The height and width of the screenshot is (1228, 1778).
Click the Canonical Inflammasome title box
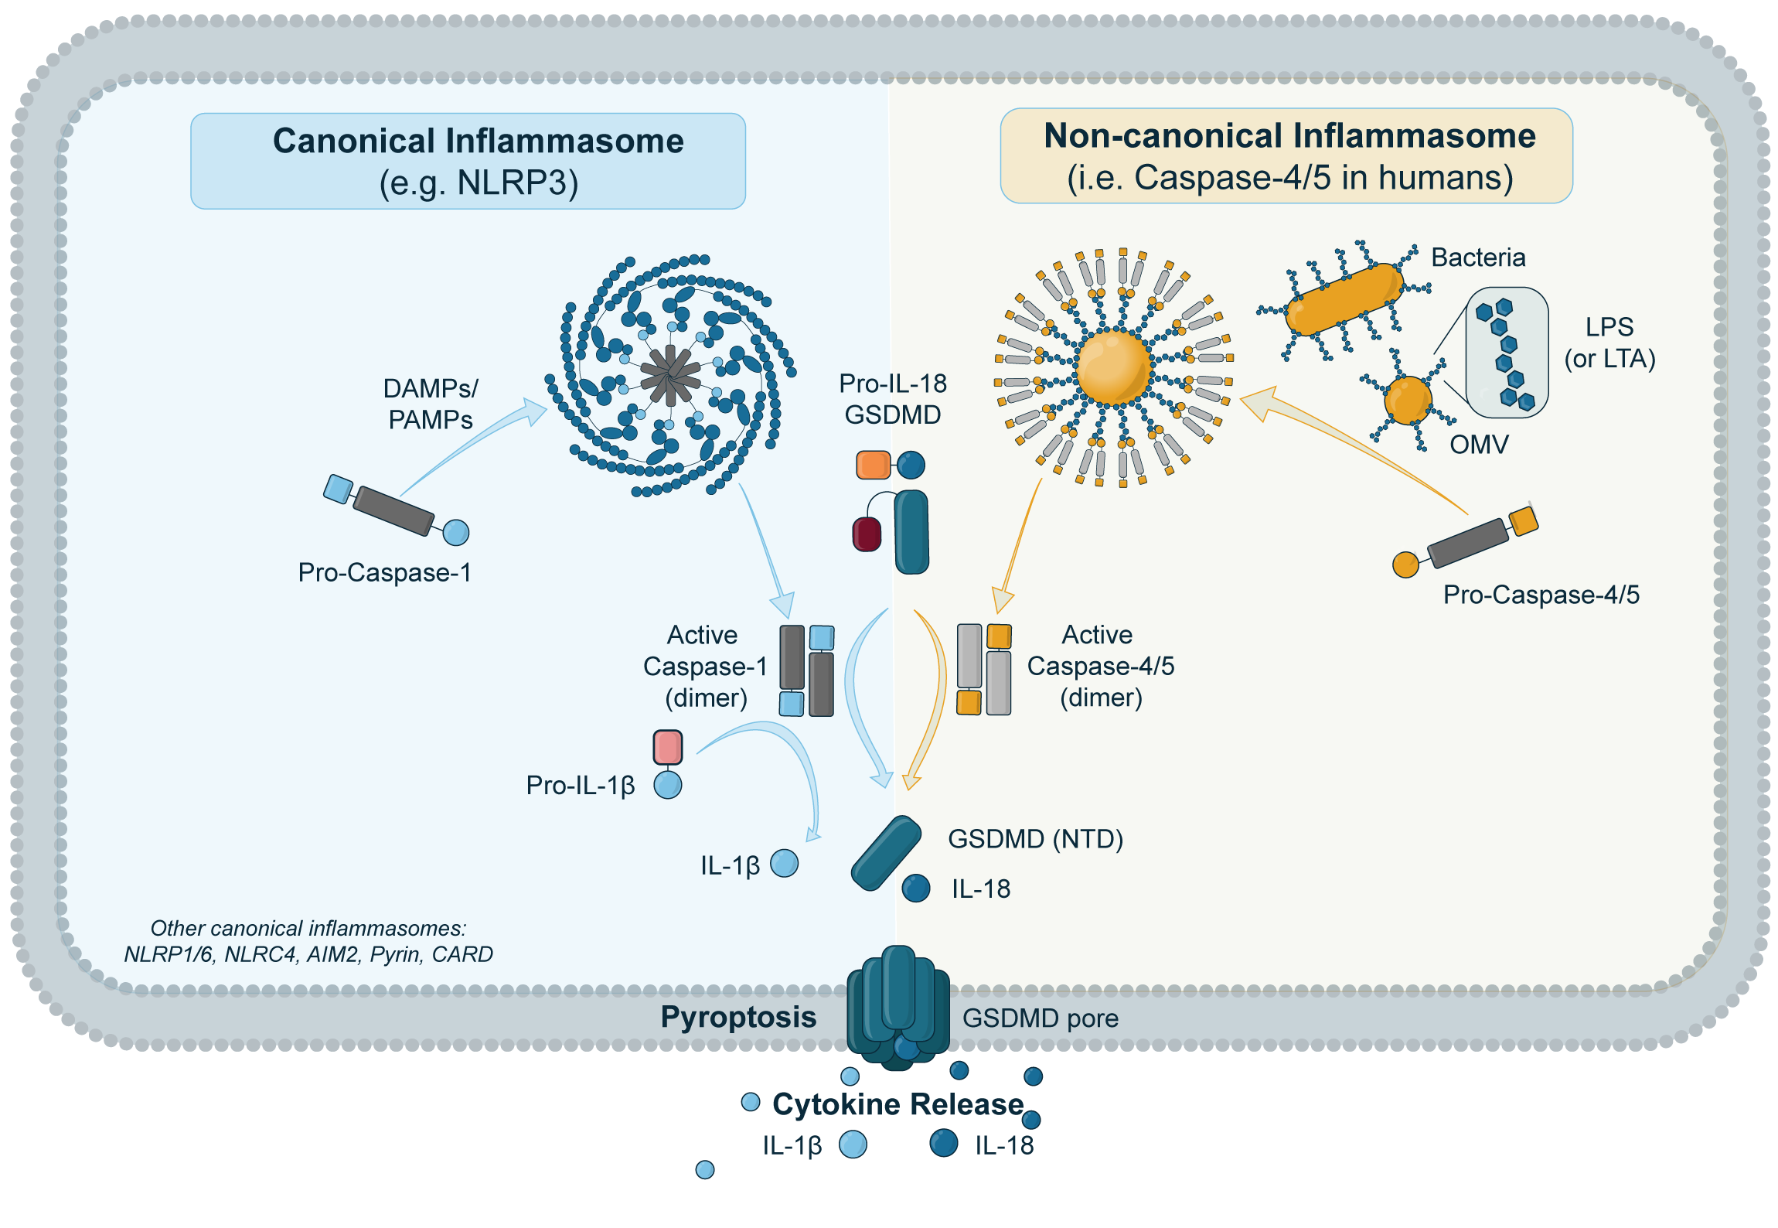click(x=468, y=161)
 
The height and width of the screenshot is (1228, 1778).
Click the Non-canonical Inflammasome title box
click(x=1286, y=155)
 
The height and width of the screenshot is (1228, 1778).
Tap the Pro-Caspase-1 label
click(x=384, y=572)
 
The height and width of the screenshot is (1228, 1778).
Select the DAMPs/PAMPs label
click(x=431, y=404)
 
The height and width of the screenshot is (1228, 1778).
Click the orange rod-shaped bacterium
click(x=1344, y=299)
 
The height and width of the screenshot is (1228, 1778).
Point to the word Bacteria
click(x=1477, y=258)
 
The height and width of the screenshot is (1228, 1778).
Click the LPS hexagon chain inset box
click(x=1506, y=353)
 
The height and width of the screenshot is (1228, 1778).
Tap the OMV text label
click(x=1478, y=445)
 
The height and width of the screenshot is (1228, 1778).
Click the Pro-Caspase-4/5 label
click(x=1541, y=595)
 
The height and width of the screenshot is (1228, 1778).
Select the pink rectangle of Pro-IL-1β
click(x=668, y=747)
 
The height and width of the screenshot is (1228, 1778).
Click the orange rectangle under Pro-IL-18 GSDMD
click(x=873, y=465)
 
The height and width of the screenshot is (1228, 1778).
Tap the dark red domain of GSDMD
click(x=867, y=534)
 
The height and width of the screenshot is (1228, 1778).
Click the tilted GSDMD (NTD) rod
click(x=886, y=853)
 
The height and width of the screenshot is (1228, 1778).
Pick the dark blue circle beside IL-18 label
click(x=916, y=889)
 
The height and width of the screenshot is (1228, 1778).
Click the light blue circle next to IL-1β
click(x=784, y=863)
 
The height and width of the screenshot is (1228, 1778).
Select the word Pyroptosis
click(x=738, y=1017)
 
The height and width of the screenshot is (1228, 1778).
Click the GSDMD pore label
click(x=1040, y=1018)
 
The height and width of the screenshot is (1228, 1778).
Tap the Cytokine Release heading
click(x=898, y=1104)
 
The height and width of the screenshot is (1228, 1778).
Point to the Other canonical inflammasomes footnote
click(x=308, y=941)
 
